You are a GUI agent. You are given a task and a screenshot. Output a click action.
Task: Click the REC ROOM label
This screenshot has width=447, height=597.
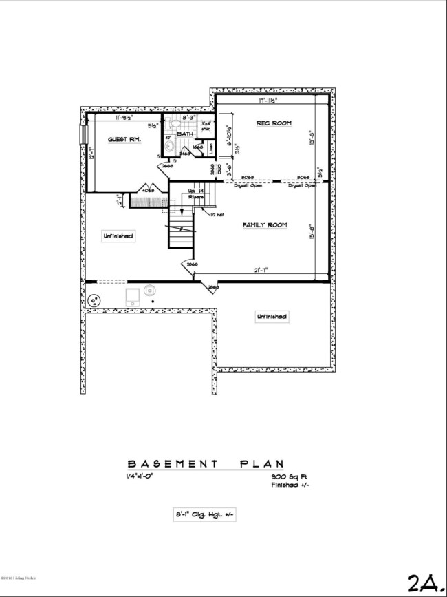274,123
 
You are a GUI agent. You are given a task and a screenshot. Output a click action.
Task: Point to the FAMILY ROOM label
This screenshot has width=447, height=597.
264,225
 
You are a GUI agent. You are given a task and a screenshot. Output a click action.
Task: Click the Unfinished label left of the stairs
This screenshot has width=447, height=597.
118,235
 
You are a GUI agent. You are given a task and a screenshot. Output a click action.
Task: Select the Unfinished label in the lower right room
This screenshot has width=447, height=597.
272,317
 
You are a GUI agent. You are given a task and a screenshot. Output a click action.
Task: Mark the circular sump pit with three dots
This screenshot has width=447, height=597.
92,300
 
